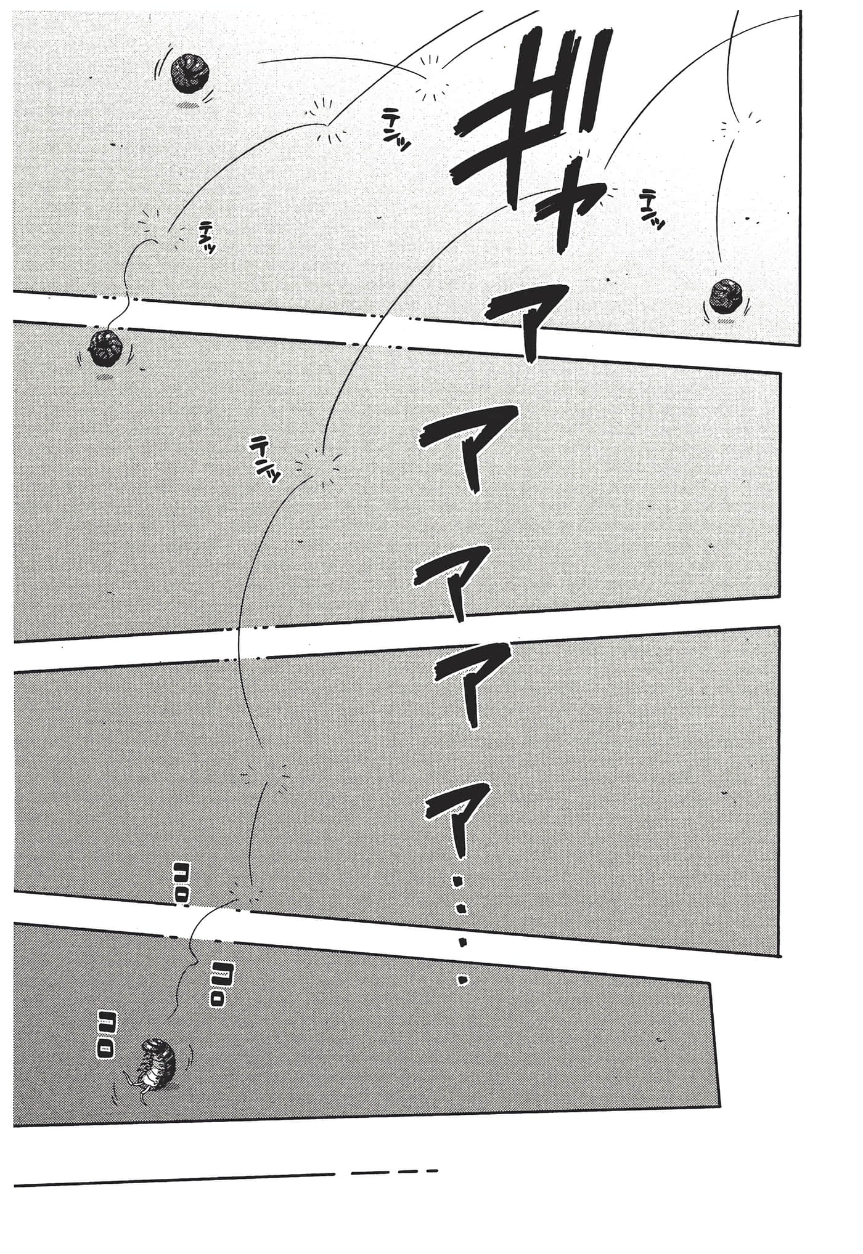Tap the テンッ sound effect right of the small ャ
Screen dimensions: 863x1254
point(652,210)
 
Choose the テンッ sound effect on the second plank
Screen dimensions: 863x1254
point(266,459)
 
